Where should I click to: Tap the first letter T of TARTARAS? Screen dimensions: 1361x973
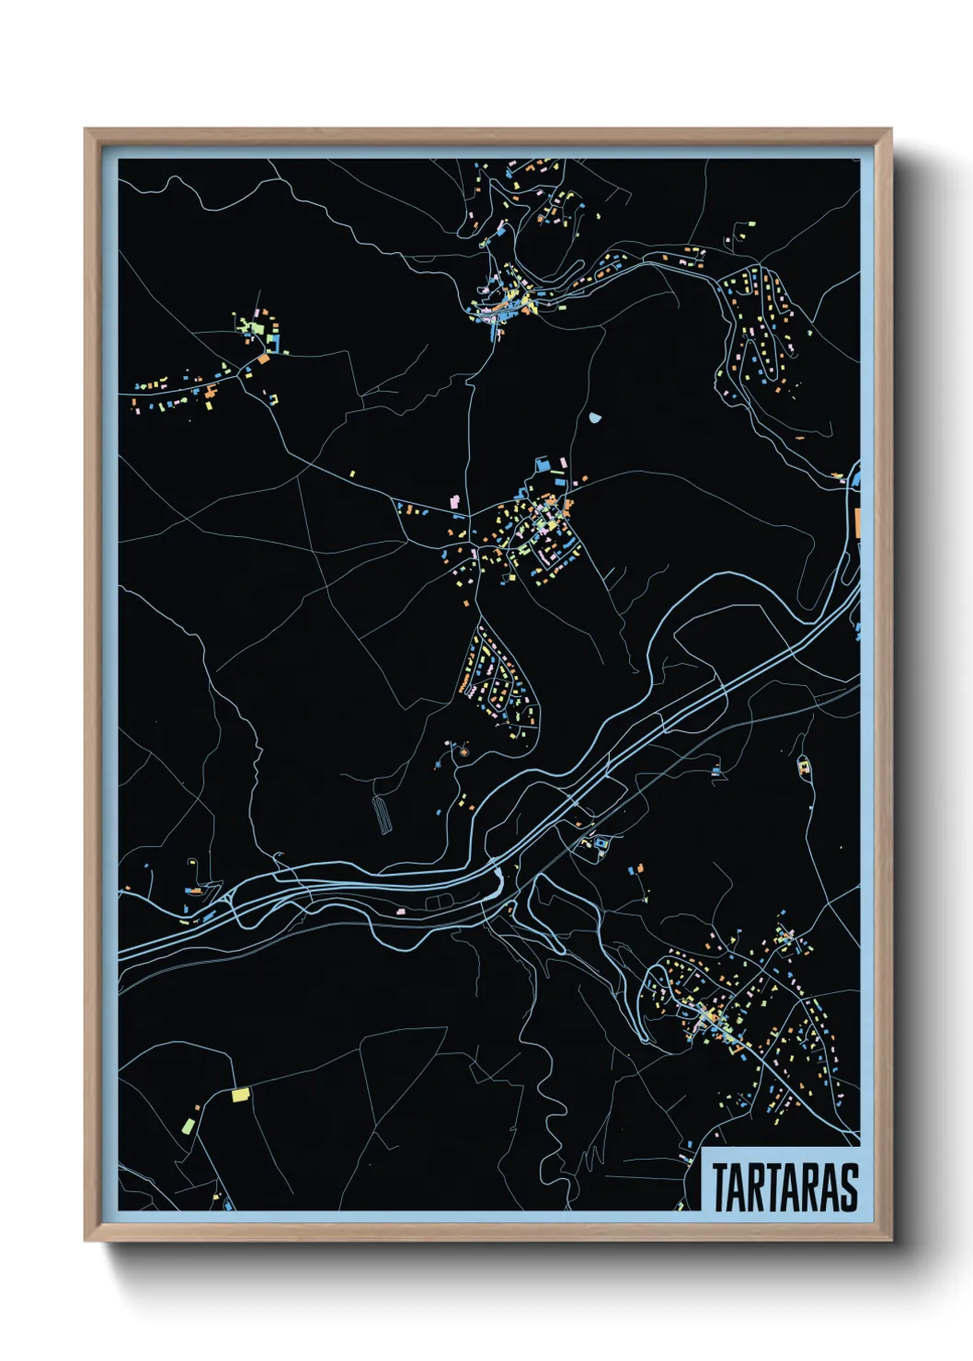720,1186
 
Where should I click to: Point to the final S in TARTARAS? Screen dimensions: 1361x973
848,1186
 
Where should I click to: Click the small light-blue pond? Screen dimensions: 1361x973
596,417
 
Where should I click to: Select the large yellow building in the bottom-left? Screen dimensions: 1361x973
240,1094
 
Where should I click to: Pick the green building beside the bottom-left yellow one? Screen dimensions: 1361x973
189,1124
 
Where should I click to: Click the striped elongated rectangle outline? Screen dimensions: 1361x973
383,814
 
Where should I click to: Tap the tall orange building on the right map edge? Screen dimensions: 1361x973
857,521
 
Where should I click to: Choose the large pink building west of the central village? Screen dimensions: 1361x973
453,501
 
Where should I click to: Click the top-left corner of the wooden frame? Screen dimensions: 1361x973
86,130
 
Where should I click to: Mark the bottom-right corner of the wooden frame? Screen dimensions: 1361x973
891,1240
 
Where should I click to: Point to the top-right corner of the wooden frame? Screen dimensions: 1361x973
891,130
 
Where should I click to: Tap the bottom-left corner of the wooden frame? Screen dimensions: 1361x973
86,1240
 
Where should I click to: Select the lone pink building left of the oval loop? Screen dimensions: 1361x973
400,911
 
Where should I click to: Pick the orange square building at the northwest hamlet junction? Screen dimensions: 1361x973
263,360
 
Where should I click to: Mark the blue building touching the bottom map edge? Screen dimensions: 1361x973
227,1204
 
